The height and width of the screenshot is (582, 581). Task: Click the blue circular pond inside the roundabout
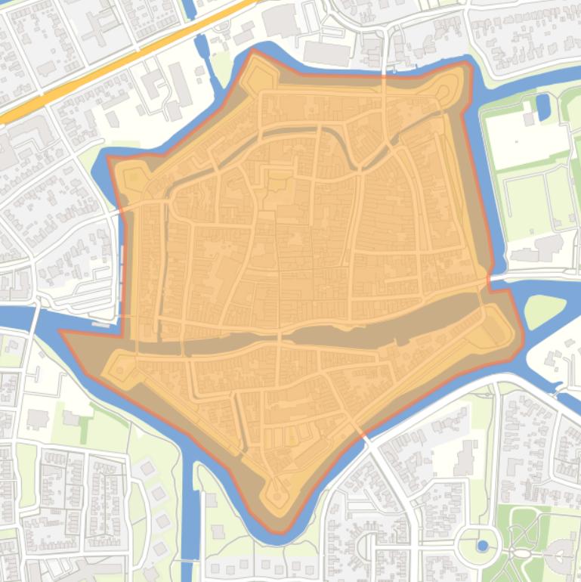483,545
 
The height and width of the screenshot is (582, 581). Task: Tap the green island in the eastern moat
543,311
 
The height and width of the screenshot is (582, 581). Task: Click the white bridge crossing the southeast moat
366,438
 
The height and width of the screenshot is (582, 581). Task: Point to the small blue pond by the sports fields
543,107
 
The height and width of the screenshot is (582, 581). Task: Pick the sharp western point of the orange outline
64,333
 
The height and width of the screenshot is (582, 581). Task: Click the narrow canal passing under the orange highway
202,45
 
